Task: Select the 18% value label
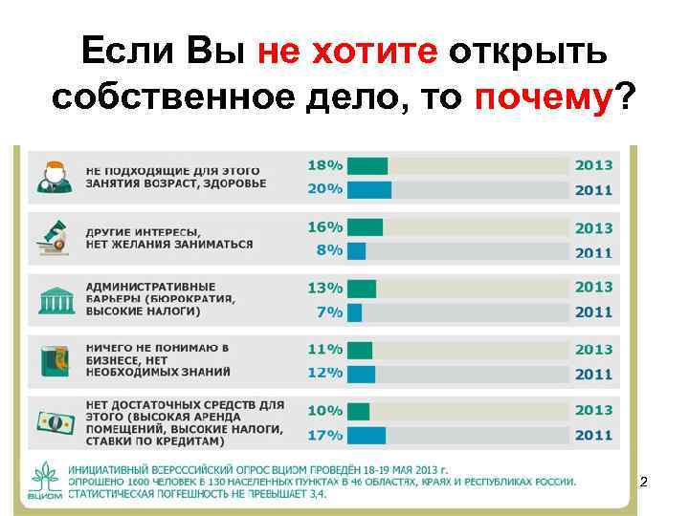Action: tap(324, 165)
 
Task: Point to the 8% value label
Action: tap(328, 250)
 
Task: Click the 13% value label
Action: tap(324, 288)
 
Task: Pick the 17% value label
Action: tap(324, 435)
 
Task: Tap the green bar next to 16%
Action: tap(365, 227)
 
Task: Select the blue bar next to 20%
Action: tap(368, 189)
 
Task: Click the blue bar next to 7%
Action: tap(354, 312)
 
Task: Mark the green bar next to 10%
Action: tap(358, 411)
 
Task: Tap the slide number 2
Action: tap(643, 483)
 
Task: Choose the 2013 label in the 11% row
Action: tap(593, 350)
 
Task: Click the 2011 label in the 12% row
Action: tap(593, 374)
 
